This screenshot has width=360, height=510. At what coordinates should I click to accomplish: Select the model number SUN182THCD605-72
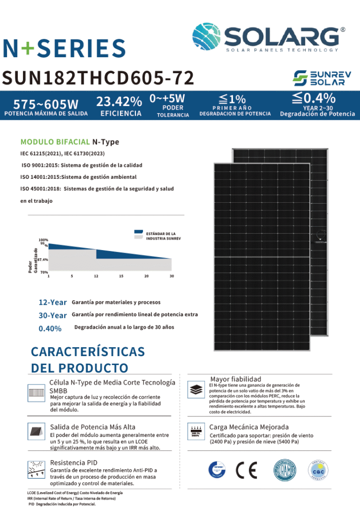[98, 78]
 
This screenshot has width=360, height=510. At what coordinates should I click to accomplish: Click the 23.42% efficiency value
[119, 102]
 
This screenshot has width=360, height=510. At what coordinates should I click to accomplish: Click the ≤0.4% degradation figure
[313, 98]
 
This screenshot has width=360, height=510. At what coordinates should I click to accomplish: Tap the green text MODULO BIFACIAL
[55, 142]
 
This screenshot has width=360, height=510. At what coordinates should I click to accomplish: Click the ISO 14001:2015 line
[78, 177]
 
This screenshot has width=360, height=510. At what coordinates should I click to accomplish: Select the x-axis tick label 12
[96, 276]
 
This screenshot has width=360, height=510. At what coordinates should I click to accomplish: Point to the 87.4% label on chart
[43, 260]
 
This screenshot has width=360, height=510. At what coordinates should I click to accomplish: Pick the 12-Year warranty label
[53, 302]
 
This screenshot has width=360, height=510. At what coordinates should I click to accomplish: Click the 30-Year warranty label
[53, 315]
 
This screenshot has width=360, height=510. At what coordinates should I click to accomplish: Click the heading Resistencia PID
[74, 462]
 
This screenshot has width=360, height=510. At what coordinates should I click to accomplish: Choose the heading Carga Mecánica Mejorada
[249, 427]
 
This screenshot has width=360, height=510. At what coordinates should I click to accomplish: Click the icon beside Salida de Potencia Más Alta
[36, 431]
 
